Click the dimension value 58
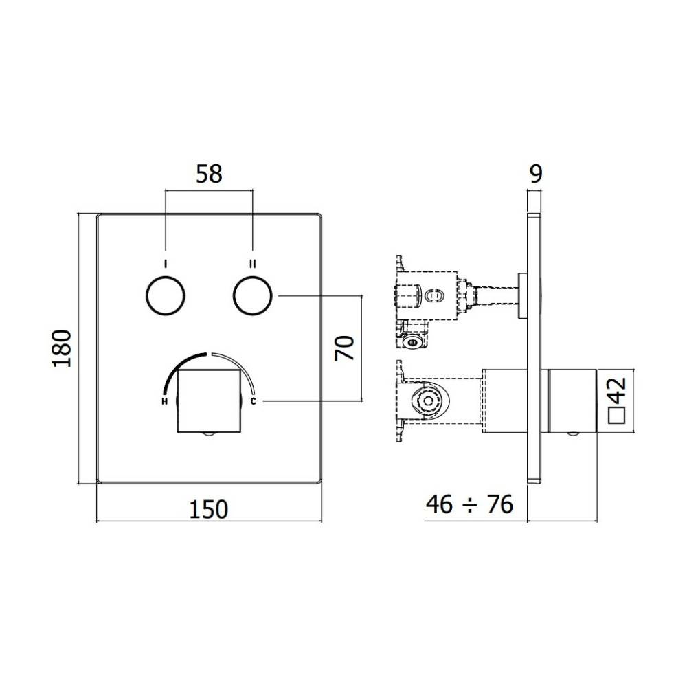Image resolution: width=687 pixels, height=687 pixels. (x=209, y=174)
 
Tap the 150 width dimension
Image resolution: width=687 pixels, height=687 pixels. (x=208, y=509)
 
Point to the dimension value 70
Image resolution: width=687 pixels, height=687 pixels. (x=346, y=348)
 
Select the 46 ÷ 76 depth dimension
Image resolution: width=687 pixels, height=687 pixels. (x=469, y=505)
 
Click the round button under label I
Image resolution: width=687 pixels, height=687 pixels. (x=166, y=296)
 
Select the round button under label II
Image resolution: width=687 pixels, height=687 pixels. (x=253, y=296)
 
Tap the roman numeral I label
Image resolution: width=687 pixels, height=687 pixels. (x=166, y=263)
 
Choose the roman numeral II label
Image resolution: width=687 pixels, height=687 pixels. (x=253, y=263)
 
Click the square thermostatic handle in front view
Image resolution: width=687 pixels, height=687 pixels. (x=209, y=398)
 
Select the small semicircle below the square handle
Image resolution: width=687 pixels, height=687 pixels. (x=209, y=435)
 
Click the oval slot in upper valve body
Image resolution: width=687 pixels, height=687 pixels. (x=433, y=296)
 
